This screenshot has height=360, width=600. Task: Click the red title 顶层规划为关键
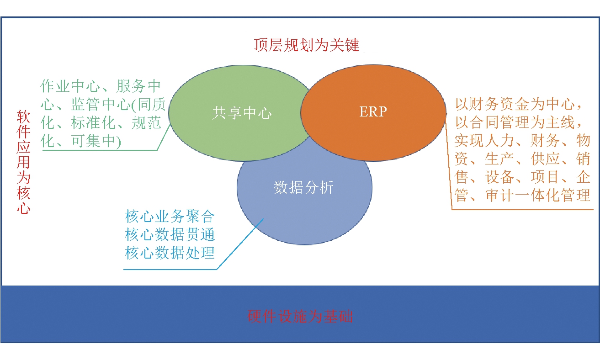tap(307, 45)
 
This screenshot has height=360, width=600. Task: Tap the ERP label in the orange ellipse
tap(373, 111)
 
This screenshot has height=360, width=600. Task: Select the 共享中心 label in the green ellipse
tap(242, 113)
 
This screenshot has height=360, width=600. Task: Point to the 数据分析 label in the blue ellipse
tap(303, 187)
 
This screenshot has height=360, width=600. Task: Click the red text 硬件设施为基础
tap(300, 316)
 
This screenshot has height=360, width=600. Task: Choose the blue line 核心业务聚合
tap(170, 217)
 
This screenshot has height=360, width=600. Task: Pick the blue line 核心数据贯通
tap(170, 235)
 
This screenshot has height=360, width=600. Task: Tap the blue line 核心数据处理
tap(170, 253)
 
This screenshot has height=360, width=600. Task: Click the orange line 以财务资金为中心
tap(514, 104)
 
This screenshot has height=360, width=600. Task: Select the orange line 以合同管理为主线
tap(514, 122)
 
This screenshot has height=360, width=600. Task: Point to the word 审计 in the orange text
tap(500, 195)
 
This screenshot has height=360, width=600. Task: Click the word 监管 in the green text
tap(86, 105)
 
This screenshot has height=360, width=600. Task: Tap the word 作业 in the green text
tap(55, 86)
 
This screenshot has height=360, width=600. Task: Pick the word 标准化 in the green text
tap(93, 123)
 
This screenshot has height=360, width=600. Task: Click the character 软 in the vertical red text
tap(23, 116)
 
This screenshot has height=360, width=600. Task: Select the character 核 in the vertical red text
tap(23, 193)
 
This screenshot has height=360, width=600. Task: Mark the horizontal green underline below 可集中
tap(100, 150)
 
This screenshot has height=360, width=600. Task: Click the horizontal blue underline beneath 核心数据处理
tap(170, 269)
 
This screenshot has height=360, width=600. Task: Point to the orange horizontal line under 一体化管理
tap(523, 209)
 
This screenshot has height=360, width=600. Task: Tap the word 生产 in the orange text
tap(499, 159)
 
